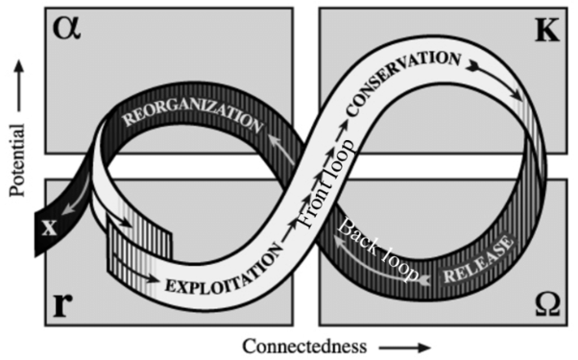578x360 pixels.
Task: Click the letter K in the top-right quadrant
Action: click(544, 32)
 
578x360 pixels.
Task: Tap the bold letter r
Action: click(60, 305)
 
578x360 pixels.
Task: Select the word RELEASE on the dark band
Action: click(479, 265)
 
